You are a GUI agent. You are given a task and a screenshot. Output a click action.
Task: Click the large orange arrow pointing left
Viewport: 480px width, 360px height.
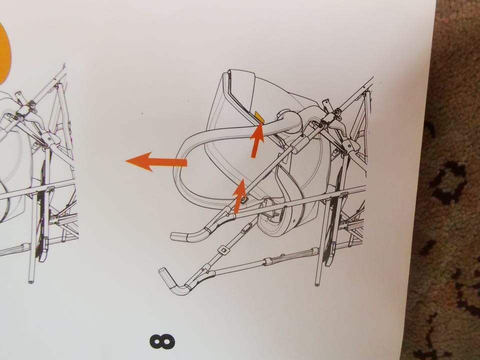(156, 161)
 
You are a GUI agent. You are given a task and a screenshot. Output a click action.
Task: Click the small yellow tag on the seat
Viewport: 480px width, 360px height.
(259, 117)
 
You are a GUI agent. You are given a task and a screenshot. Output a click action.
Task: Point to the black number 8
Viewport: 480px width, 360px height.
(162, 341)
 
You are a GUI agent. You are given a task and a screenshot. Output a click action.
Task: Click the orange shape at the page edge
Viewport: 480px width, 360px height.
(4, 53)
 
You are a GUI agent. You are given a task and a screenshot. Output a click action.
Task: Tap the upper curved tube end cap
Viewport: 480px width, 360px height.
(177, 236)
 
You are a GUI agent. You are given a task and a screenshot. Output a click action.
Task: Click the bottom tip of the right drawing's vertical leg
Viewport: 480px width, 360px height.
(317, 284)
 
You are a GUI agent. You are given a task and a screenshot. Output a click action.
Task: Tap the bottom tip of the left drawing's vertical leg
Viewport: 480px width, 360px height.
(31, 281)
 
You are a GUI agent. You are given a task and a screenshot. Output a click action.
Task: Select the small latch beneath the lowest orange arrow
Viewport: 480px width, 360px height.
(244, 200)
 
